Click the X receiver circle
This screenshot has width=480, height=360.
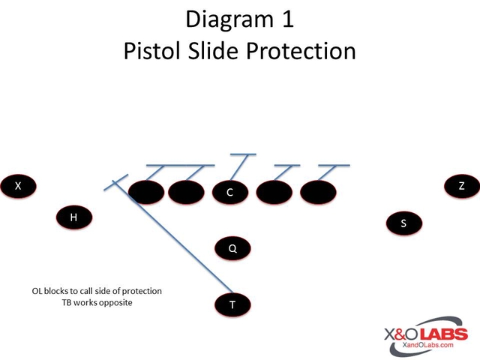(18, 185)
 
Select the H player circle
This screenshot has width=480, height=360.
(73, 217)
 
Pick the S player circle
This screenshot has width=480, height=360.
(403, 223)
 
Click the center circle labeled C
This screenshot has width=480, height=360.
(229, 193)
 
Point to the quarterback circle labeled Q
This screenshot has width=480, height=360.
(232, 248)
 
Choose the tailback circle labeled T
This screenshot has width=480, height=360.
(232, 304)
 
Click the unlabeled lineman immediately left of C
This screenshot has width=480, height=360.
(186, 193)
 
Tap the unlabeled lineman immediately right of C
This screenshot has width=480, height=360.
(274, 193)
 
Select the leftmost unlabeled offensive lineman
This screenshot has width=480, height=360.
(147, 193)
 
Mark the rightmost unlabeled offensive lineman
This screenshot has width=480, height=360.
(319, 193)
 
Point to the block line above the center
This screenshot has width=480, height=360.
(241, 160)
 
